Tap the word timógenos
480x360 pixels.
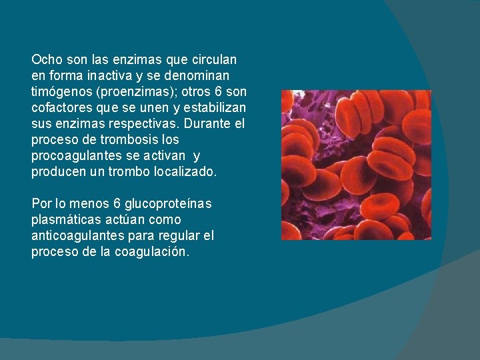coord(59,91)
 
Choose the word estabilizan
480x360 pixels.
coord(213,107)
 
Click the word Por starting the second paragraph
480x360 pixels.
coord(40,203)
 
